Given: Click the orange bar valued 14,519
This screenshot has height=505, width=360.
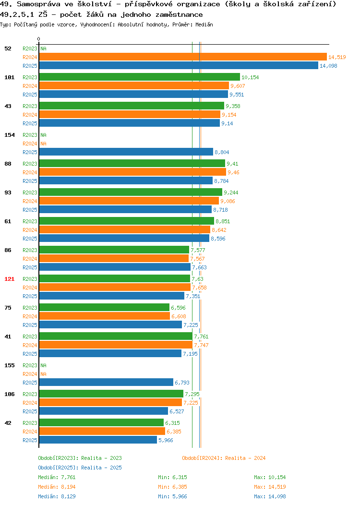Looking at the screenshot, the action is point(183,57).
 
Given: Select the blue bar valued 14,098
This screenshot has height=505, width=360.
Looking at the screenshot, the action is point(179,66).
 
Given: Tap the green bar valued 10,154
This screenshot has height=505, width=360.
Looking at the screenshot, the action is point(139,77).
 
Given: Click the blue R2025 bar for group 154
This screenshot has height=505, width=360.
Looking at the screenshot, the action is point(126,152).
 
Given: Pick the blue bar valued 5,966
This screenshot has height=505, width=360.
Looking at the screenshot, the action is point(98,440).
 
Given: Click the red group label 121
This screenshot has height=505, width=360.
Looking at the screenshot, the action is point(9,279).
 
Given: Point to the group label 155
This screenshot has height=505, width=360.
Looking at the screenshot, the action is point(9,365).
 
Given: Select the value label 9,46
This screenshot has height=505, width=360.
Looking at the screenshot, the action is point(233,172).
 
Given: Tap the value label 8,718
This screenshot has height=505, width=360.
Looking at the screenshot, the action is point(221,210).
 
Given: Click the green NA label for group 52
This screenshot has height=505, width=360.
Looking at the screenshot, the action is point(44,48).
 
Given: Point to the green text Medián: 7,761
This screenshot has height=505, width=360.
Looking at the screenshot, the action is point(57,477).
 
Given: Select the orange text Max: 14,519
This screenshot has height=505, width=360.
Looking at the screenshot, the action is point(270,487).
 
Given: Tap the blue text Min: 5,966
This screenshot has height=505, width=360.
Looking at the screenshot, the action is point(172,496).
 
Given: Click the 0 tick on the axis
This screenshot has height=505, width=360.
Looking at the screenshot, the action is point(39,39).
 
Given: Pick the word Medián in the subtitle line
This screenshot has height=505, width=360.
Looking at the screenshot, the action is point(204,24).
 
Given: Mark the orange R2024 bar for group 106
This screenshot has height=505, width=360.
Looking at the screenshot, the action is point(110,403).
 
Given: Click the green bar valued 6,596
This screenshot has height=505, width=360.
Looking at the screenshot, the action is point(104,308).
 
